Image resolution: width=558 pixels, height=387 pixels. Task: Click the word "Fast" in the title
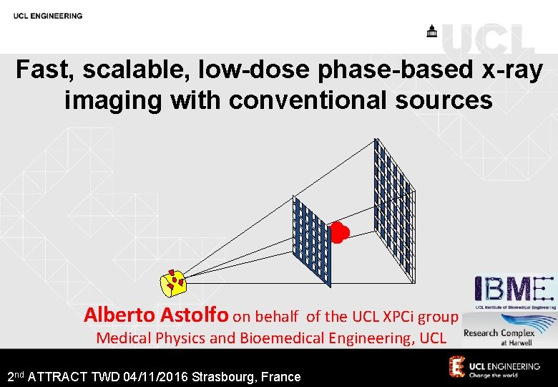coord(43,70)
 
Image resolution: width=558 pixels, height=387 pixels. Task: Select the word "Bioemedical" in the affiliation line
coord(282,338)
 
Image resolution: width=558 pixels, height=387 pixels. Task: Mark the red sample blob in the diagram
coord(339,232)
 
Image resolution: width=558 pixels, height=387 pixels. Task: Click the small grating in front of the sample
coord(312,240)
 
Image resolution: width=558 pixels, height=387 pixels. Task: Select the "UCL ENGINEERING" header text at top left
coord(47,16)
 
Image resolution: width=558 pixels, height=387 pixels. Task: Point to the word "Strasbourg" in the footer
coord(228,376)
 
